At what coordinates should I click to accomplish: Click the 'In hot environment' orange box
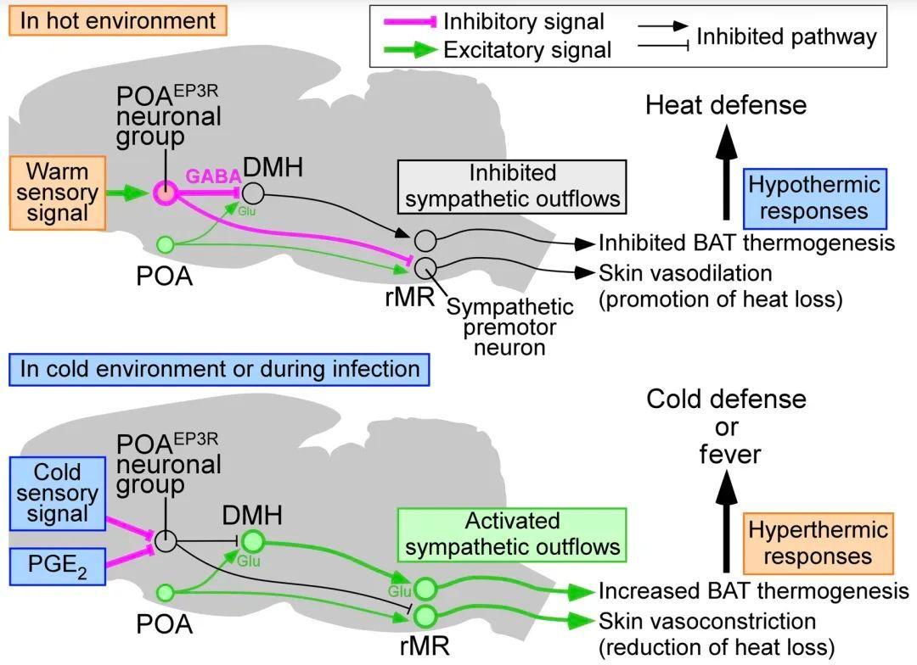click(117, 21)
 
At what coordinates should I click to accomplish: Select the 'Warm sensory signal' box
click(58, 193)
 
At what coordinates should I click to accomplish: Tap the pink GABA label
click(213, 176)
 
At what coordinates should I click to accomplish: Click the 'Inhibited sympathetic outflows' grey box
click(512, 187)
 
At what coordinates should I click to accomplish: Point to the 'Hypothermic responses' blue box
click(814, 198)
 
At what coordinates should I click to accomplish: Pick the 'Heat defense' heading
click(726, 105)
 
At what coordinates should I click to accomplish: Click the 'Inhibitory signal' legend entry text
click(523, 21)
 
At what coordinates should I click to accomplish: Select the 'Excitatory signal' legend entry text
click(527, 50)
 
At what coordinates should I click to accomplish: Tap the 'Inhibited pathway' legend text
click(786, 36)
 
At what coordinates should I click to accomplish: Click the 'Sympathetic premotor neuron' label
click(509, 327)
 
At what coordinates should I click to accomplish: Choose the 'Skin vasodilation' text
click(685, 273)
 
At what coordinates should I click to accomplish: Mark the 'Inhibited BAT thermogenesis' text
click(747, 243)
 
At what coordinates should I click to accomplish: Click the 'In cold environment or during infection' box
click(219, 369)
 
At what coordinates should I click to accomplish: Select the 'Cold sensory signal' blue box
click(58, 493)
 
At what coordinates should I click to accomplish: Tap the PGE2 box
click(58, 567)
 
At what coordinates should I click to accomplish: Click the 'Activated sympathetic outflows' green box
click(512, 534)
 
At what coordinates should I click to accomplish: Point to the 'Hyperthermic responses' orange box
click(819, 544)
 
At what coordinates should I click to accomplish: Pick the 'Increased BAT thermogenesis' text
click(754, 591)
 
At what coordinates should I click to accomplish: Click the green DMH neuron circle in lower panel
click(253, 541)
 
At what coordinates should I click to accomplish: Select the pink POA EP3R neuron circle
click(166, 193)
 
